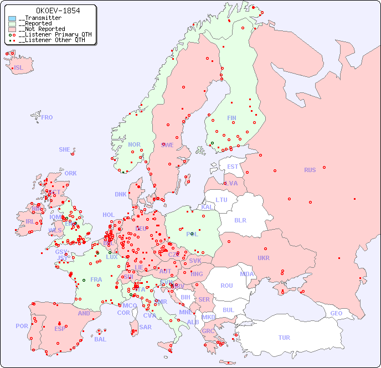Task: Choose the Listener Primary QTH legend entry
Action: (x=52, y=34)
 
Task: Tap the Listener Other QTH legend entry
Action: (x=50, y=40)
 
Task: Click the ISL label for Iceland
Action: (x=19, y=68)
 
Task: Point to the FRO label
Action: (x=47, y=117)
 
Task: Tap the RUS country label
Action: (x=310, y=170)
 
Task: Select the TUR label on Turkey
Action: (x=284, y=338)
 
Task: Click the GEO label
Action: (x=336, y=313)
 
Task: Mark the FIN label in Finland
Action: (x=231, y=118)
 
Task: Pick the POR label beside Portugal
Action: (x=22, y=326)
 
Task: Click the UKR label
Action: (x=264, y=258)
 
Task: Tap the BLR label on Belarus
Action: (x=240, y=220)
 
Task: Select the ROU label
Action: (x=226, y=286)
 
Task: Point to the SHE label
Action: (x=65, y=149)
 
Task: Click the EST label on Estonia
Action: (x=233, y=167)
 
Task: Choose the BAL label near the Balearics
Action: (x=100, y=339)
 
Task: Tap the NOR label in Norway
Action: (x=134, y=144)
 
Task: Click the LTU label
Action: (x=222, y=200)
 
